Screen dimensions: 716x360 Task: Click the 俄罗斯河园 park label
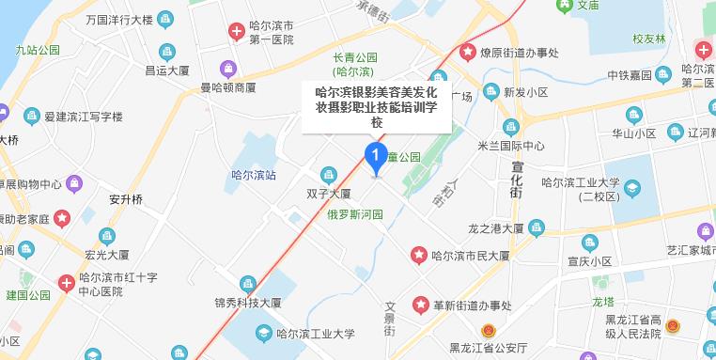(354, 214)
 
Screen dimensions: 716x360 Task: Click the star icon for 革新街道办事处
(420, 305)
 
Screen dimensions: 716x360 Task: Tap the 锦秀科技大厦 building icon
(247, 284)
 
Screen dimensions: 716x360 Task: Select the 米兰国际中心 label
(538, 146)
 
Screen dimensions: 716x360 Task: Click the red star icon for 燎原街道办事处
(467, 53)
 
